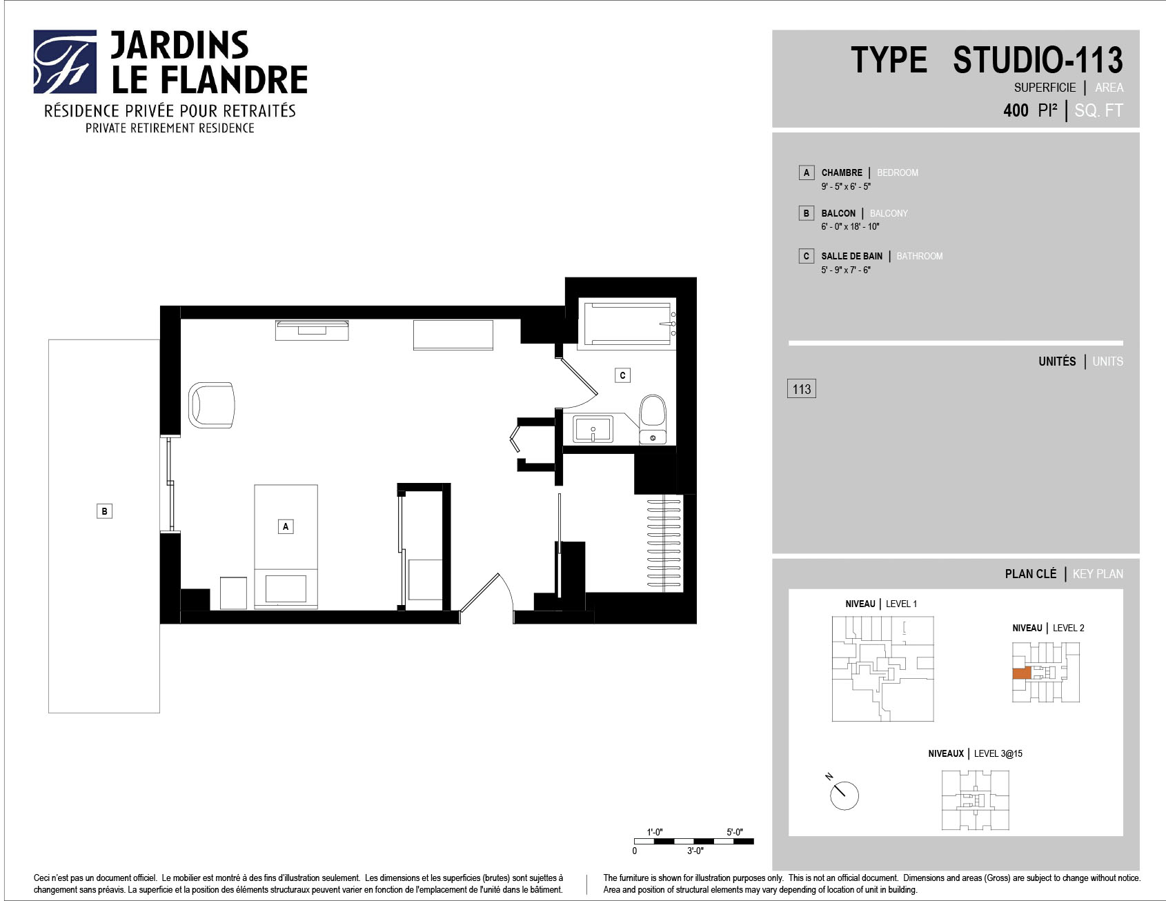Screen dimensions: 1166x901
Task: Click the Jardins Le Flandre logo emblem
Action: pos(65,61)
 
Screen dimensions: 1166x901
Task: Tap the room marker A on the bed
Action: pos(286,526)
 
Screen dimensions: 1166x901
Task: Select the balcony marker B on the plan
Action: pos(104,511)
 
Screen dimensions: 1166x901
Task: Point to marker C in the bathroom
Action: pos(622,375)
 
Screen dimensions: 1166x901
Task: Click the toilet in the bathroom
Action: pos(652,419)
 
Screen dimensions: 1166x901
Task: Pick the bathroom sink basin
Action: pos(593,430)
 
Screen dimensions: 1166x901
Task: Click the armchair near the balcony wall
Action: pos(211,406)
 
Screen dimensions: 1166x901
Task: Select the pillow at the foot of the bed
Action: pos(286,588)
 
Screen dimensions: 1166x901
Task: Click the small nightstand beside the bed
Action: pos(233,593)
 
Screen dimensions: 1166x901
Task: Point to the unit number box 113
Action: pos(802,389)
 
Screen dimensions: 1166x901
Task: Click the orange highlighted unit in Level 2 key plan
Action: pos(1022,673)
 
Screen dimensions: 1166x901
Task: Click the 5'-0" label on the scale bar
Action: pos(735,832)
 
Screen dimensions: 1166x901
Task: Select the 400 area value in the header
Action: pos(1016,110)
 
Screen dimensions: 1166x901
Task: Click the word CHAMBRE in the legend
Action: pos(842,172)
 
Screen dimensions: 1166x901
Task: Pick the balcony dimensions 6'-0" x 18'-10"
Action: pos(850,226)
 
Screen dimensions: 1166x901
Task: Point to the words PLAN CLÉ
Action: pos(1031,574)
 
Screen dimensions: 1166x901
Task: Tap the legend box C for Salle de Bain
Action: pos(806,256)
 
